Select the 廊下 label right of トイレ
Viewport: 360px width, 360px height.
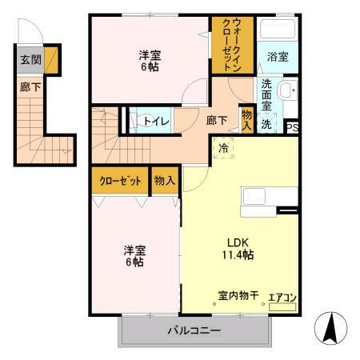point(216,121)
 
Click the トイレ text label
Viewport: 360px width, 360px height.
point(154,121)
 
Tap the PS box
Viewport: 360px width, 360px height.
point(293,126)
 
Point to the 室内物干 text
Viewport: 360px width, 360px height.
point(238,296)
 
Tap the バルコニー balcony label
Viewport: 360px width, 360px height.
point(194,330)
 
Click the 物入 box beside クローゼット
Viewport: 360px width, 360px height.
point(164,181)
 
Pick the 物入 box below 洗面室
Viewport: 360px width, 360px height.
point(247,120)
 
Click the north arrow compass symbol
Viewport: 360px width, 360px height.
point(330,329)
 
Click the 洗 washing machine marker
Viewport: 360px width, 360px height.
point(268,125)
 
